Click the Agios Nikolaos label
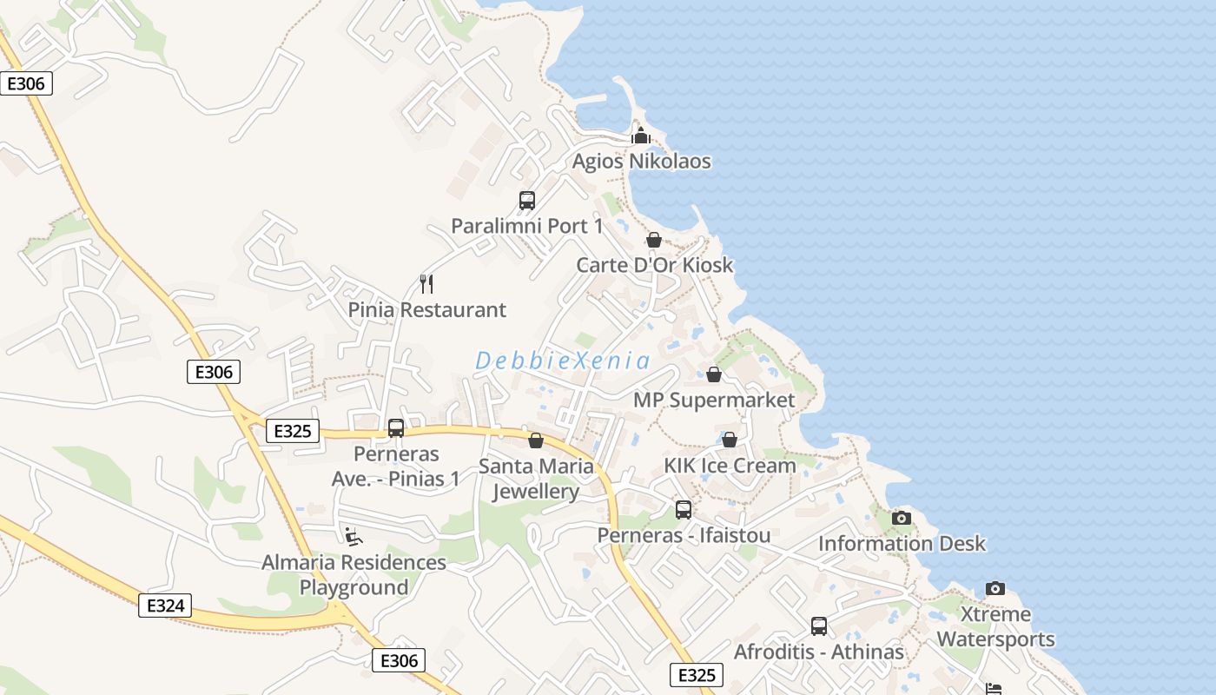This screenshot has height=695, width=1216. pos(641,162)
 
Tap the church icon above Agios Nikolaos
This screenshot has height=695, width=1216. pos(641,136)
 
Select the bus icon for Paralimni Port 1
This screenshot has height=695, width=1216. pos(527,201)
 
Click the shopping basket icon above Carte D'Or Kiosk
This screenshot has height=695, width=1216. pos(654,240)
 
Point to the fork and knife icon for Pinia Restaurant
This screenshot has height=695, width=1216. pos(426,284)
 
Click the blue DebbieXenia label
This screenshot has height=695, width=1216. pos(563,361)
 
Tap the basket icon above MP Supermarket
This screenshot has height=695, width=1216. pos(714,374)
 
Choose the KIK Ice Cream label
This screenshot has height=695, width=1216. pos(730,466)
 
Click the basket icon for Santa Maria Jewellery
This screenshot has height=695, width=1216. pos(536,440)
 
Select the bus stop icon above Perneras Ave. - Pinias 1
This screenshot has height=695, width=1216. pos(396,428)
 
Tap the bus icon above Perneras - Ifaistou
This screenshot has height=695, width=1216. pos(684,510)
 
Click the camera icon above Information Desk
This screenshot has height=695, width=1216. pos(902,519)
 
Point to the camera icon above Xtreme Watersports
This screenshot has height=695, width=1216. pos(995,589)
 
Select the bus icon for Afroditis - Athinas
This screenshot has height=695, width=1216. pos(819,626)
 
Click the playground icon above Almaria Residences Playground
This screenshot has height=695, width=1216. pos(353,537)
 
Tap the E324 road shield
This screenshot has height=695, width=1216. pos(165,606)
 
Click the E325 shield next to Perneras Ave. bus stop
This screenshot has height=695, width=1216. pos(293,431)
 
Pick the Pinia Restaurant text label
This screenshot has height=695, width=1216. pos(426,310)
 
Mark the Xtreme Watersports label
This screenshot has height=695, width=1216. pos(995,627)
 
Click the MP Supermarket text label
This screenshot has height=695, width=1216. pos(714,400)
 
